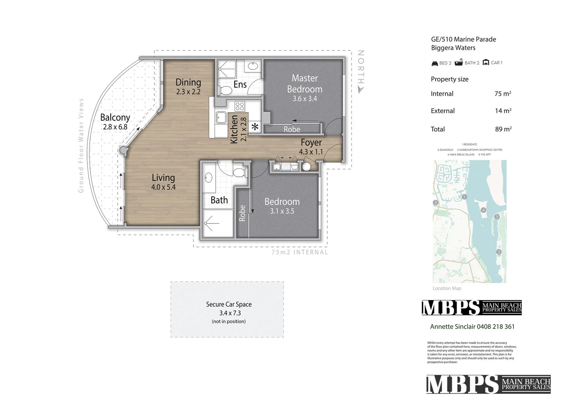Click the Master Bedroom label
pos(304,84)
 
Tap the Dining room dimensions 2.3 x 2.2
pos(188,92)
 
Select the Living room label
pos(163,178)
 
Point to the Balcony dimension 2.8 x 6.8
pos(115,127)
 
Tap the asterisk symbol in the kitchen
pos(255,127)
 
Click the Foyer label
pos(311,143)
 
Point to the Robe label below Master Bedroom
pos(292,130)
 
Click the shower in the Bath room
pos(218,224)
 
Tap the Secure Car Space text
pos(229,304)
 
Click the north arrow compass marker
pos(361,89)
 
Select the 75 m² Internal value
pos(503,94)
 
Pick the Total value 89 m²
pos(503,129)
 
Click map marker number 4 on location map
pos(483,210)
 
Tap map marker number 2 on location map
pos(499,252)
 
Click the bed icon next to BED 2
pos(435,63)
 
